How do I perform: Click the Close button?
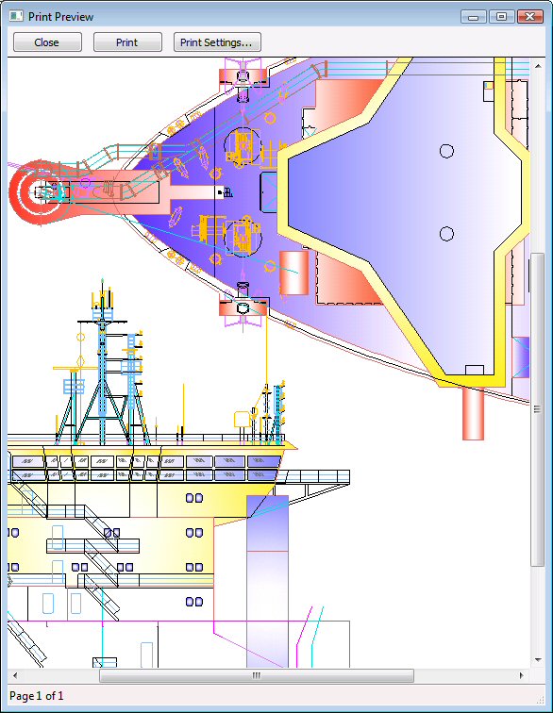tap(47, 42)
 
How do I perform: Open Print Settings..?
tap(217, 42)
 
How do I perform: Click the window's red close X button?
tap(529, 17)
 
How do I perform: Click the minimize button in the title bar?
tap(474, 17)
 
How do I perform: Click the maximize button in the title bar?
tap(501, 17)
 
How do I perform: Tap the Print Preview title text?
tap(60, 17)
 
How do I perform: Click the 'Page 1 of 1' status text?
tap(37, 696)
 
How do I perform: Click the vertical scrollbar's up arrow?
tap(538, 66)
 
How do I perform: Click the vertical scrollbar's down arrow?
tap(538, 660)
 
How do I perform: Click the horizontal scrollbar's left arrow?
tap(15, 675)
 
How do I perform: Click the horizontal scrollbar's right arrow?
tap(522, 675)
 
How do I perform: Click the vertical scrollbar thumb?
tap(538, 409)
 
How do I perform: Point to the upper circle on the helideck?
tap(446, 151)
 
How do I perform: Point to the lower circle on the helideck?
tap(446, 234)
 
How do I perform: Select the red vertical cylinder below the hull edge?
tap(473, 413)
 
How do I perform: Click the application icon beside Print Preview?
tap(16, 16)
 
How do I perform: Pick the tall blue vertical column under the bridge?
tap(267, 581)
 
